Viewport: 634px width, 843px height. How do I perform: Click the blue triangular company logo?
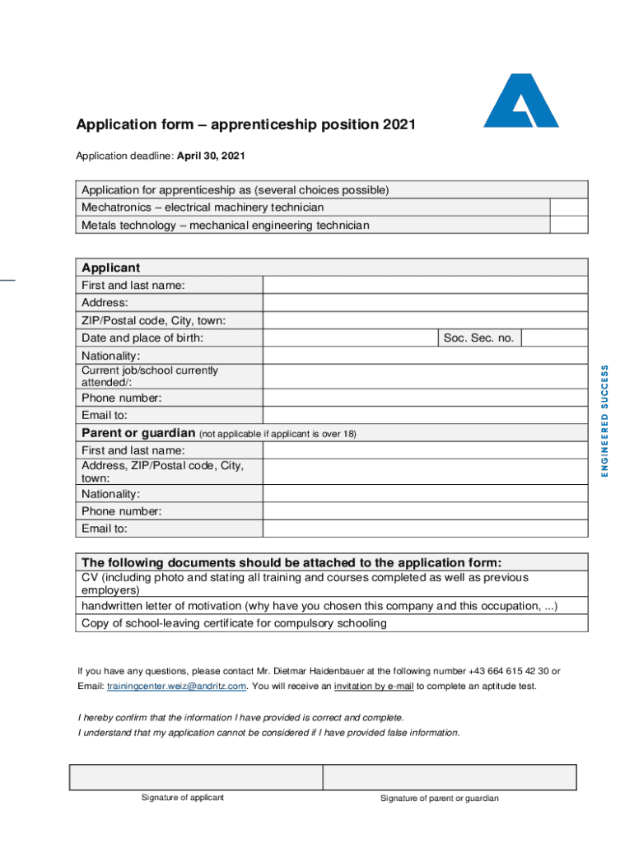[x=520, y=102]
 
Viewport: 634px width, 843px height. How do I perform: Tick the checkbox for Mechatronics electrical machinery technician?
[x=568, y=207]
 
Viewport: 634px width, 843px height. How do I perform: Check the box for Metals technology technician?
[x=568, y=225]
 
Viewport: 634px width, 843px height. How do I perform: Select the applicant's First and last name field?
[x=425, y=285]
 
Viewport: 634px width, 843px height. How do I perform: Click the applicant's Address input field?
[x=425, y=303]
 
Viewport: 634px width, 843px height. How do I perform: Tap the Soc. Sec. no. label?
[x=478, y=338]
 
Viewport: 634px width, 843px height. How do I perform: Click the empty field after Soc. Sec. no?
[x=554, y=338]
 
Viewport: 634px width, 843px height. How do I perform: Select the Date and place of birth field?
[x=349, y=338]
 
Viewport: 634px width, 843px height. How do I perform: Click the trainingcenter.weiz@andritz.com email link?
[x=176, y=687]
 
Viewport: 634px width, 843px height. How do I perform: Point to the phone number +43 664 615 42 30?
[x=510, y=671]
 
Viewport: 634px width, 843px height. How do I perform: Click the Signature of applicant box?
[x=196, y=777]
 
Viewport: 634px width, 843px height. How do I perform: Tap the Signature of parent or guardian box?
[x=450, y=777]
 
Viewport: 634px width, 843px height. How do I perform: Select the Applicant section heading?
[x=110, y=268]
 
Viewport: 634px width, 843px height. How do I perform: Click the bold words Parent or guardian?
[x=138, y=433]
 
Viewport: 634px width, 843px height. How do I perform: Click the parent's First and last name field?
[x=425, y=450]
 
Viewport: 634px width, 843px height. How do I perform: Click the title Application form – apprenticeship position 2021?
[x=246, y=125]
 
